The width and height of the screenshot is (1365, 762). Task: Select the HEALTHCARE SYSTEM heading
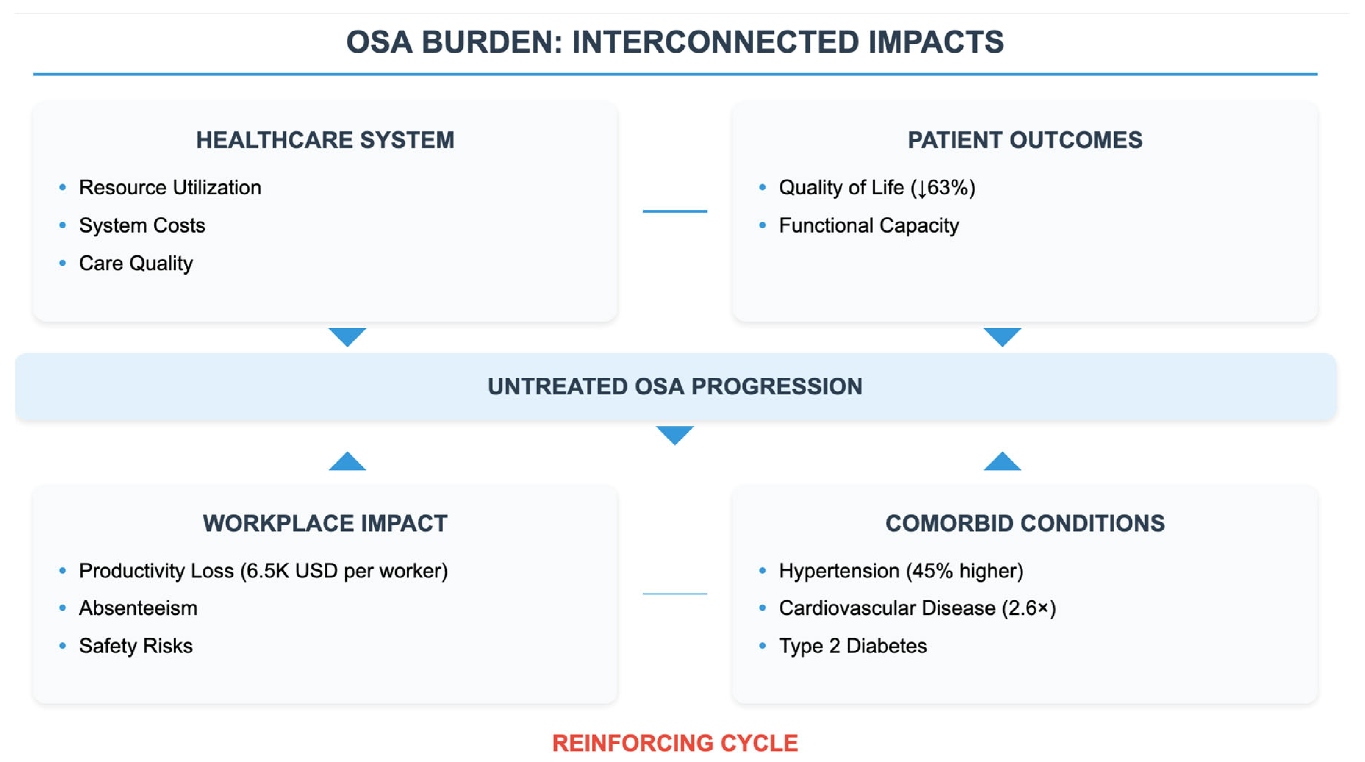click(x=325, y=140)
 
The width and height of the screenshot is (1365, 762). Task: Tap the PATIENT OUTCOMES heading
click(x=1024, y=140)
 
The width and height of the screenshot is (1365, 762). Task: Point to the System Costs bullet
click(x=141, y=226)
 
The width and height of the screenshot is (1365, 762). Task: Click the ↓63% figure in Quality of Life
click(x=943, y=187)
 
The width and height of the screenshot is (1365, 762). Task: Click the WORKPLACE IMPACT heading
click(x=325, y=523)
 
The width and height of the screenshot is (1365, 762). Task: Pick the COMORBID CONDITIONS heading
click(x=1024, y=523)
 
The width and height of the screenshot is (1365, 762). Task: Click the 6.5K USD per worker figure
click(x=344, y=571)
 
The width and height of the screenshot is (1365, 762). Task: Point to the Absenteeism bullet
click(x=138, y=608)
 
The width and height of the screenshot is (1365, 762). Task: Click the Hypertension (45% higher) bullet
click(x=900, y=571)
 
